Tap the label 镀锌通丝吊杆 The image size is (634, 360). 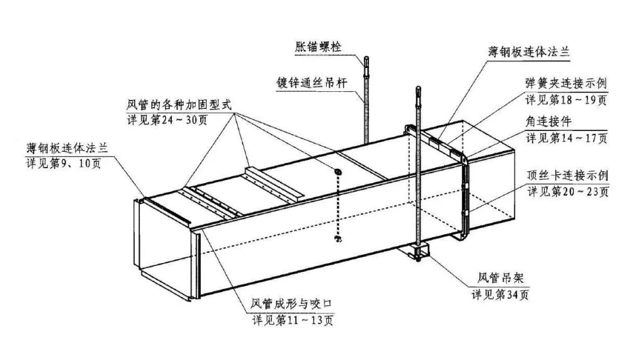pos(314,83)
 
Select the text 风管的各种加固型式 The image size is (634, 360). pos(179,104)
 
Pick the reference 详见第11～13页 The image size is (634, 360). pos(293,320)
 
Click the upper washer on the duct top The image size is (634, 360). pos(338,172)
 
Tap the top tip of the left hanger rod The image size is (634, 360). pos(365,59)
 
